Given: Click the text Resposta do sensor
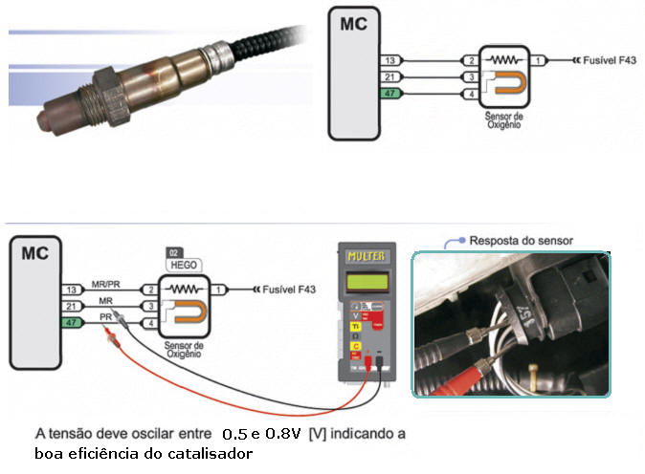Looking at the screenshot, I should (x=521, y=240).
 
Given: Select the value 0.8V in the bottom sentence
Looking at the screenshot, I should (x=282, y=434).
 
